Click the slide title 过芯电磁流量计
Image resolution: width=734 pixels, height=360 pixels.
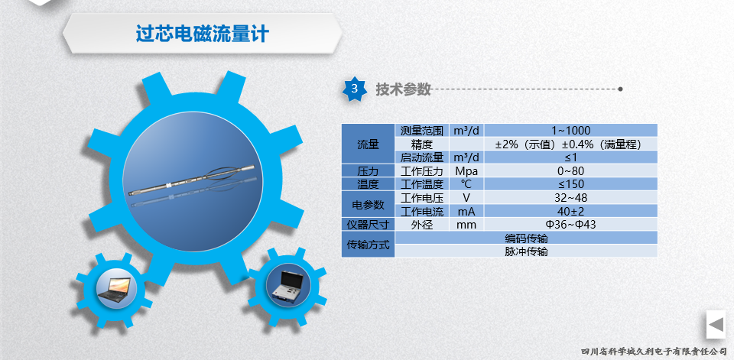[x=202, y=34]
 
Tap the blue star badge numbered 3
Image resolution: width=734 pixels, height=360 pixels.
[x=354, y=89]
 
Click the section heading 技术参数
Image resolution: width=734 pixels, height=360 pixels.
[x=403, y=89]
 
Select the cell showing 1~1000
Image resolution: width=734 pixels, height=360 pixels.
[x=570, y=131]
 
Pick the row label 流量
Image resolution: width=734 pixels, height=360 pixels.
[x=368, y=144]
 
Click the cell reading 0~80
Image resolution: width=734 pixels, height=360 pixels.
[x=570, y=171]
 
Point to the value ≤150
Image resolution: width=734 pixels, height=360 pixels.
[x=570, y=184]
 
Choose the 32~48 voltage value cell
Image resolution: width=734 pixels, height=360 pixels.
[x=570, y=197]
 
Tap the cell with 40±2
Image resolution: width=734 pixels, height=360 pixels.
[x=570, y=211]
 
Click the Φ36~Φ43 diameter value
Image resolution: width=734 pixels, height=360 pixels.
[x=570, y=224]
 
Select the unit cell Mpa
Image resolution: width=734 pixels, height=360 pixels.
[x=466, y=171]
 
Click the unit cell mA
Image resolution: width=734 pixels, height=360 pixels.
[x=466, y=211]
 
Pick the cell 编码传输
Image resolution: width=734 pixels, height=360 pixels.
[x=526, y=238]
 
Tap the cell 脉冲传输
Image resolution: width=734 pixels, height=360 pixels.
[x=526, y=251]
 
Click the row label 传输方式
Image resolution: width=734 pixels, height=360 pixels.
[x=368, y=245]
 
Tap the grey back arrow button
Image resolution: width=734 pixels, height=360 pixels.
[x=716, y=324]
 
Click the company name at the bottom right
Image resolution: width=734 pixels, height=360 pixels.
[x=654, y=351]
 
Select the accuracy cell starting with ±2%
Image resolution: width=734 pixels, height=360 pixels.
[x=570, y=144]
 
